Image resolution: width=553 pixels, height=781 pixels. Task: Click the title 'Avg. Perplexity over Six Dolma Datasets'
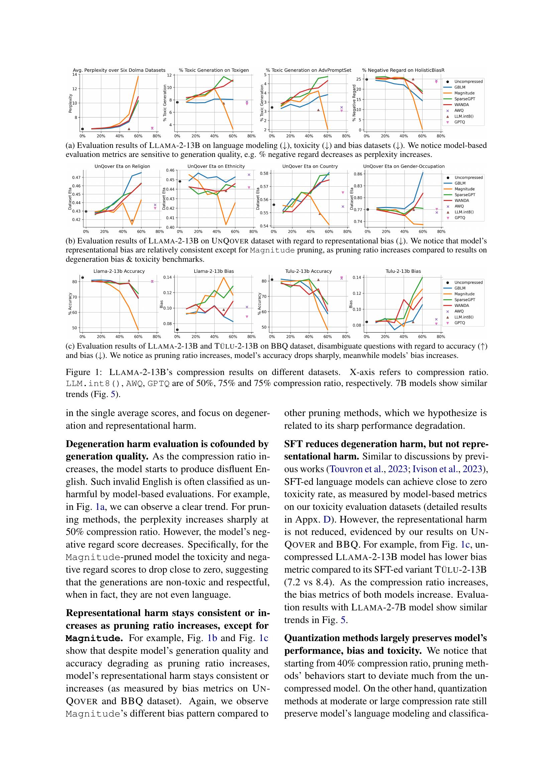[x=119, y=70]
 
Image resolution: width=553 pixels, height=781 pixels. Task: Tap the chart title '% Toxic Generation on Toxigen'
[x=214, y=70]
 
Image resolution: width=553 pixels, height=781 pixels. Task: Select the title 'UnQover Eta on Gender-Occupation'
[x=404, y=166]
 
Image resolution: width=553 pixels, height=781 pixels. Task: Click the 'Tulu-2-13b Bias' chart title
[x=403, y=271]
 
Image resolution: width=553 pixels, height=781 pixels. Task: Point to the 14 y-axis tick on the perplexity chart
[x=75, y=74]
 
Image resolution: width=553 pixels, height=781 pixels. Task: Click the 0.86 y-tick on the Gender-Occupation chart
[x=357, y=174]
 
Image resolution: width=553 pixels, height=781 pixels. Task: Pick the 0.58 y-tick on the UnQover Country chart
[x=264, y=173]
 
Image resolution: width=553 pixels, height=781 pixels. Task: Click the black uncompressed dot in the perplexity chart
[x=82, y=129]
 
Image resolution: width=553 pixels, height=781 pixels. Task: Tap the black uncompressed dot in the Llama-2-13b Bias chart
[x=178, y=330]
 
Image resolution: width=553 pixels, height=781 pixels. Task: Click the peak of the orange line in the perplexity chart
[x=138, y=76]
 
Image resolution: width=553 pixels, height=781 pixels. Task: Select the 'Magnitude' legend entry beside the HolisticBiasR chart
[x=464, y=93]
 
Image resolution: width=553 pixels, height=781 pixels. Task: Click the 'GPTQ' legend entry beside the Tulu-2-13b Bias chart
[x=459, y=323]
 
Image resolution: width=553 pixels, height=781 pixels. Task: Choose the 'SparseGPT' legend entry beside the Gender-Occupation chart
[x=464, y=195]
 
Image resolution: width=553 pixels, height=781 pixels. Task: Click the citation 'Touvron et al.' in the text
[x=356, y=469]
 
